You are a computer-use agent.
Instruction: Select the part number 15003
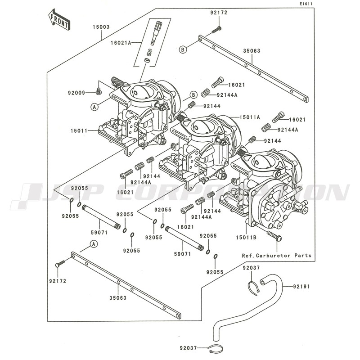101,27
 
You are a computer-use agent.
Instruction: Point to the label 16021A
121,43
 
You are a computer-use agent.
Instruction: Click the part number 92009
77,93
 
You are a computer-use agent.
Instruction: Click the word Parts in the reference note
303,256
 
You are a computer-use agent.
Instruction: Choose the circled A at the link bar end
93,244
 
